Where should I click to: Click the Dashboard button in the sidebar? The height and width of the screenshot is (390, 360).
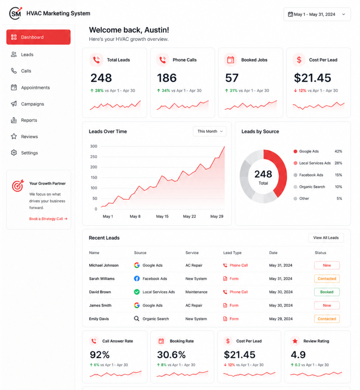point(38,37)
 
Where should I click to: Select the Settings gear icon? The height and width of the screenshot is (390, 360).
point(14,153)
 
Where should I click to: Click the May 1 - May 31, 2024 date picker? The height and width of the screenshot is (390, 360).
point(317,14)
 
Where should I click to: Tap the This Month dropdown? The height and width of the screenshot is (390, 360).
point(210,131)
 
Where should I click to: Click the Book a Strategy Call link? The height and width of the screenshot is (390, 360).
point(48,219)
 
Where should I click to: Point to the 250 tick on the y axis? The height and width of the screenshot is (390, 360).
point(94,157)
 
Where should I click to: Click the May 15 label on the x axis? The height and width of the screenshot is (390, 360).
point(162,216)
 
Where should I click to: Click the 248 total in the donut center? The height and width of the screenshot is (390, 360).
point(263,174)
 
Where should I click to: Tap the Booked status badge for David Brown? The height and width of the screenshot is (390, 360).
point(326,292)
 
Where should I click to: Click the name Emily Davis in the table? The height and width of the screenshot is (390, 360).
point(99,319)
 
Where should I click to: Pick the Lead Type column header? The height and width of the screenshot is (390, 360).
point(232,253)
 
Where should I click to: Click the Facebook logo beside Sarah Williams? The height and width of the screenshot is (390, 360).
point(137,278)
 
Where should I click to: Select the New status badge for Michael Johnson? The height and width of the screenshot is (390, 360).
point(326,265)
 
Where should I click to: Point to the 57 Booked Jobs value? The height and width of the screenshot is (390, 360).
point(232,78)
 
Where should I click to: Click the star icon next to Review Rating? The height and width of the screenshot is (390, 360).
point(295,341)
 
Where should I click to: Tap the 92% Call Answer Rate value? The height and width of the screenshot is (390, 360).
point(100,355)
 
